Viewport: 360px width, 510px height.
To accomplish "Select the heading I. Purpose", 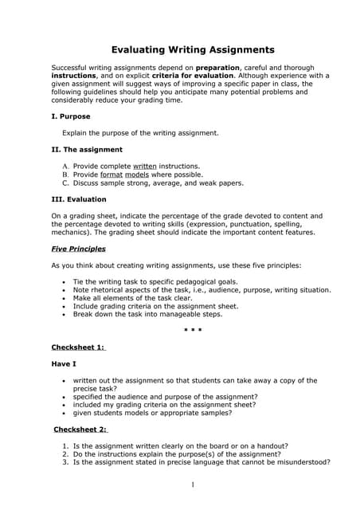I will (x=70, y=116).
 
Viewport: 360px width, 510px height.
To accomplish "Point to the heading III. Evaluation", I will (x=78, y=199).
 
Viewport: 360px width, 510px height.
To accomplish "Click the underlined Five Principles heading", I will (x=78, y=249).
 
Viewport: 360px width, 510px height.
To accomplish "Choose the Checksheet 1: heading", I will (x=78, y=347).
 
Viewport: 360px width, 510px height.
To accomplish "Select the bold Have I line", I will (x=64, y=364).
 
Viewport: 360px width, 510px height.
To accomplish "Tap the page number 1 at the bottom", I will (x=192, y=485).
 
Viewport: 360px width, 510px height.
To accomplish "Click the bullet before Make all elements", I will (x=64, y=297).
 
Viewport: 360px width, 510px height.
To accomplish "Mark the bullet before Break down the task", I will (x=64, y=314).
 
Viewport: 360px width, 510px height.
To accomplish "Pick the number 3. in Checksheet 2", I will (x=65, y=462).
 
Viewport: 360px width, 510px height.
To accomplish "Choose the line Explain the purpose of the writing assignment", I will (x=139, y=132).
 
